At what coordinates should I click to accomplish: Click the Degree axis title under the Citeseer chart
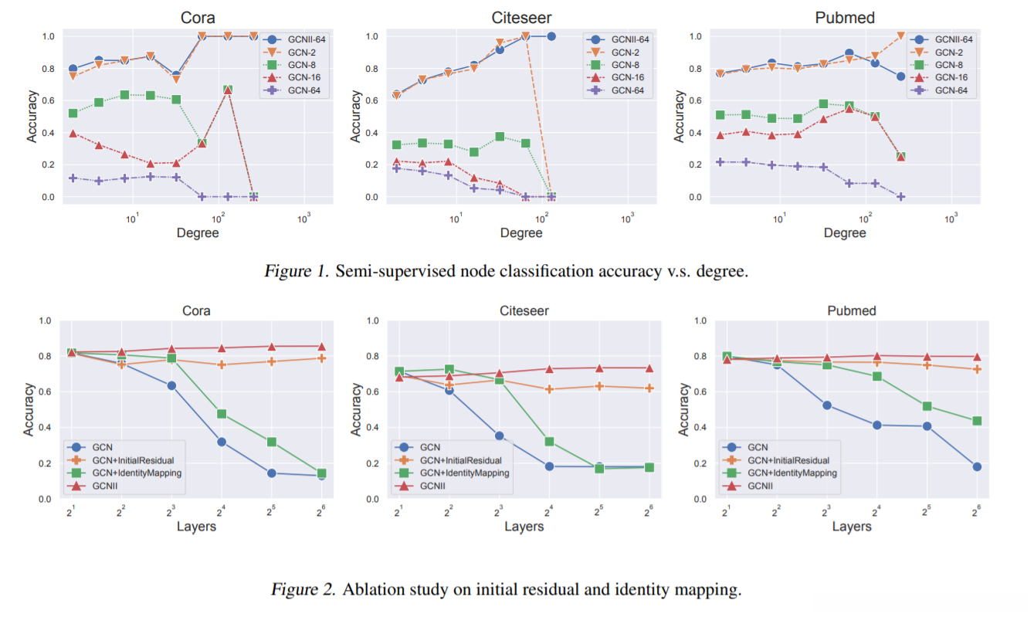coord(521,232)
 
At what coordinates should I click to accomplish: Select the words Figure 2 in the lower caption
coord(303,590)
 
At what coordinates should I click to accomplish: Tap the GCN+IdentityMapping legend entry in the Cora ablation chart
coord(136,473)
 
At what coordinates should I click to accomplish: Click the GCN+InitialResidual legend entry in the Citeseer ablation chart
coord(463,460)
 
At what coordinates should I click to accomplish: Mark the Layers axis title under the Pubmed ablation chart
coord(852,527)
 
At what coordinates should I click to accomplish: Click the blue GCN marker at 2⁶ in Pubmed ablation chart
coord(977,466)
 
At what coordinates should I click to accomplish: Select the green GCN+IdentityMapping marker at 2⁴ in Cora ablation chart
coord(222,414)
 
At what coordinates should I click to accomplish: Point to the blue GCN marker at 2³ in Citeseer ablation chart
coord(499,436)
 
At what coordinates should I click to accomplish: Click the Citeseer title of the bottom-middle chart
coord(524,311)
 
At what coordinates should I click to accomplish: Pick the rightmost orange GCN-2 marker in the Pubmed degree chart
coord(900,36)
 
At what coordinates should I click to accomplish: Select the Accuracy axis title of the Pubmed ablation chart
coord(684,410)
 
